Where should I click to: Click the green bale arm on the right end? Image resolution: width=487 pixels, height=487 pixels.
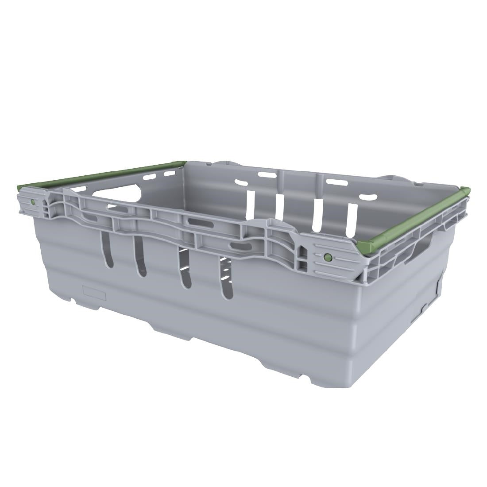click(416, 217)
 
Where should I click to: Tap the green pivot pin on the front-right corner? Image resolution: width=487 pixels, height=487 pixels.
click(328, 257)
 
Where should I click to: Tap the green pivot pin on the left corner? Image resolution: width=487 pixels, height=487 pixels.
click(33, 202)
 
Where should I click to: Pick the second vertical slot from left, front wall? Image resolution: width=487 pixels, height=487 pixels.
click(140, 257)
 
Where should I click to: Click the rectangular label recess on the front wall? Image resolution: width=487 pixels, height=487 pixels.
click(95, 291)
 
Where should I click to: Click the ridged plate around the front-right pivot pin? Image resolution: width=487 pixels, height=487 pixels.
click(336, 262)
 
